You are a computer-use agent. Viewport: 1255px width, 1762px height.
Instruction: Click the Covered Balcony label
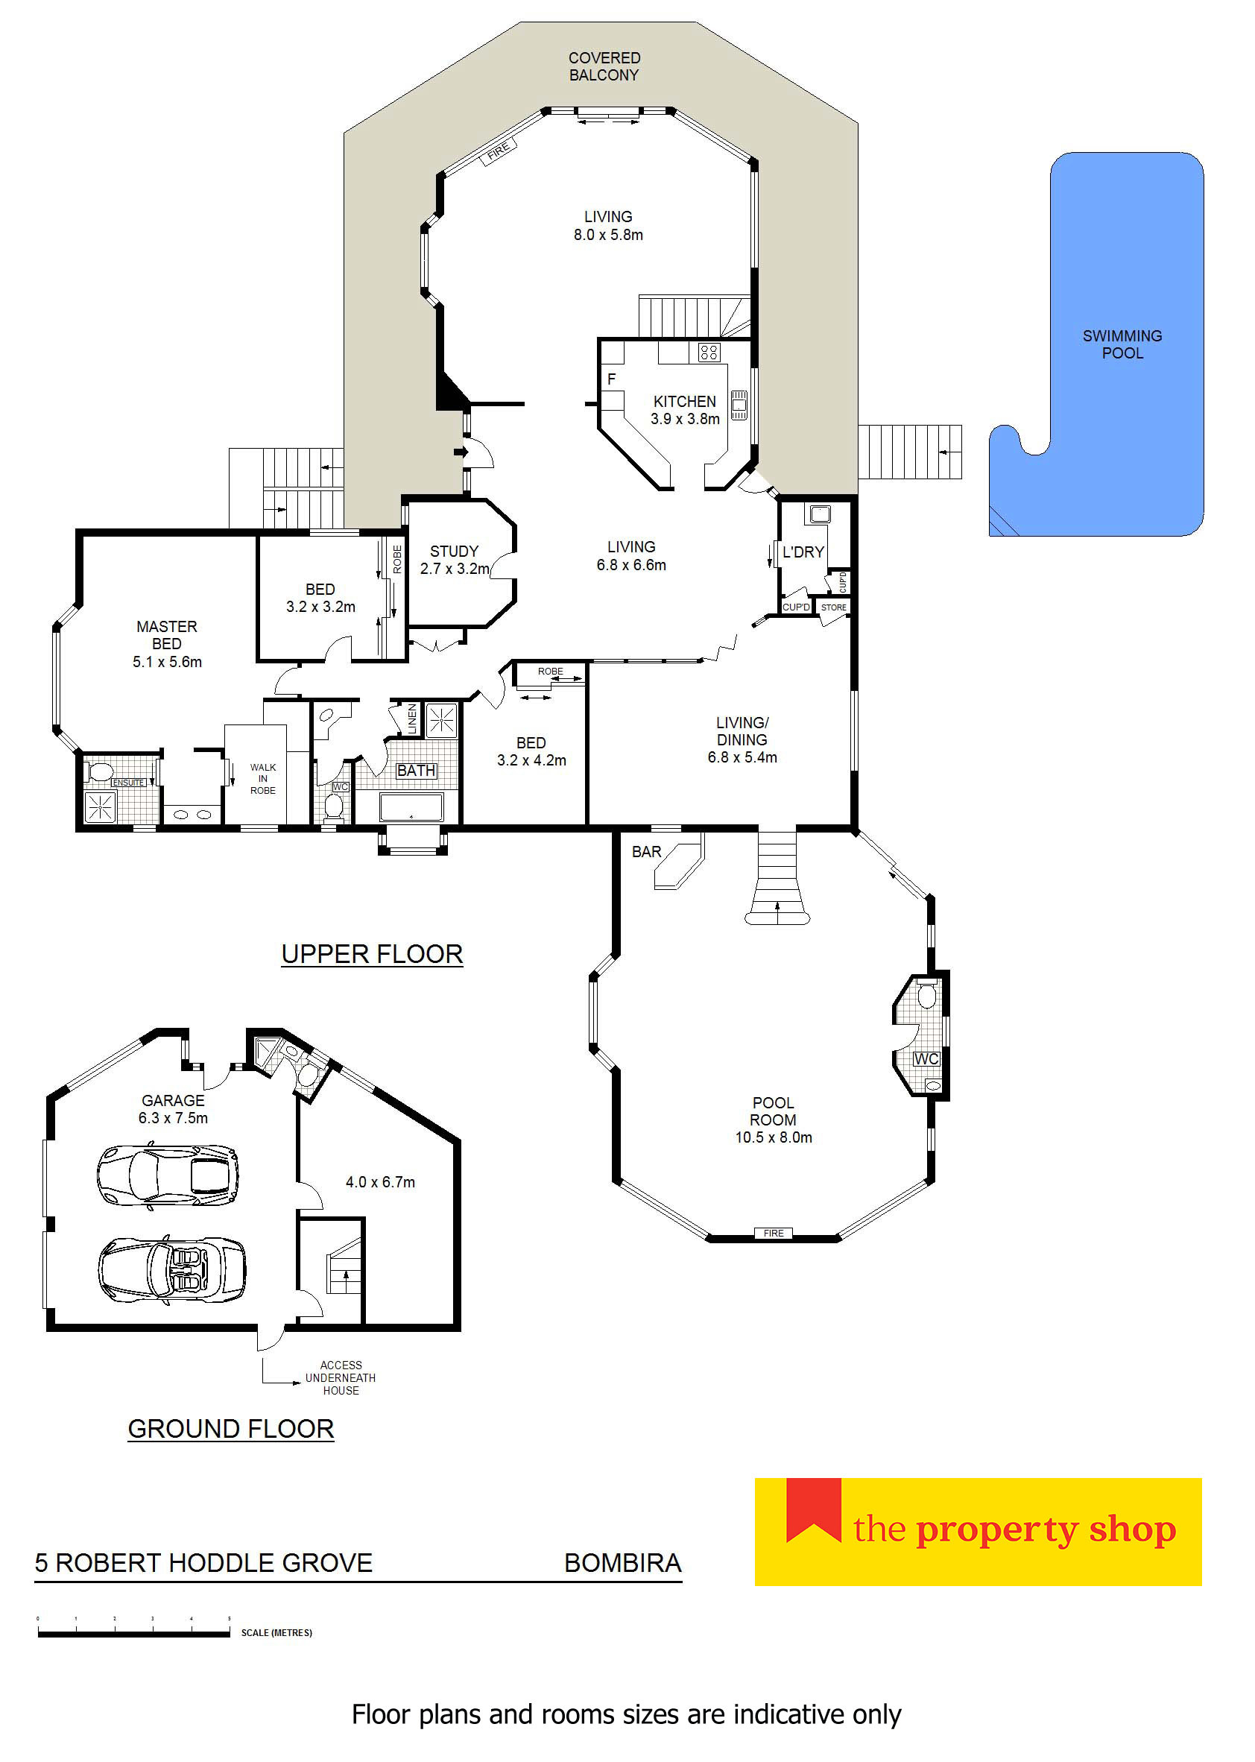tap(604, 66)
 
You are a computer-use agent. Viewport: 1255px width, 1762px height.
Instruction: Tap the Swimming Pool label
tap(1122, 344)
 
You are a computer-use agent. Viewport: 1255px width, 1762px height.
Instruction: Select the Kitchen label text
tap(685, 401)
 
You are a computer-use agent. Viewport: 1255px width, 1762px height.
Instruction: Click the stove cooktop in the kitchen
tap(709, 353)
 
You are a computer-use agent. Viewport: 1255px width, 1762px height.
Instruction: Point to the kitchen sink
tap(739, 404)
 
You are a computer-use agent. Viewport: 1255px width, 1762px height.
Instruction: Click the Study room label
tap(455, 551)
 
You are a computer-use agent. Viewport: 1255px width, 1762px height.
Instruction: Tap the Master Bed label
tap(167, 634)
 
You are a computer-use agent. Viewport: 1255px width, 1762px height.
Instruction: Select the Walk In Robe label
tap(263, 778)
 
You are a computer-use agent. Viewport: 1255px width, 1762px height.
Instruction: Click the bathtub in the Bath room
tap(411, 806)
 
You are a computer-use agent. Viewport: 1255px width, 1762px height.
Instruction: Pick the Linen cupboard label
tap(412, 719)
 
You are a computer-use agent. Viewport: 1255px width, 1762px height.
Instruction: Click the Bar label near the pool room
tap(647, 851)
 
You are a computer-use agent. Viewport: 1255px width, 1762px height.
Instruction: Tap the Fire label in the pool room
tap(774, 1233)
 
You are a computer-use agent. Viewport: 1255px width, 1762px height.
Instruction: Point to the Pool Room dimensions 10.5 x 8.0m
tap(774, 1137)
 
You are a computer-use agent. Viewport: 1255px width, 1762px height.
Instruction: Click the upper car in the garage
tap(168, 1175)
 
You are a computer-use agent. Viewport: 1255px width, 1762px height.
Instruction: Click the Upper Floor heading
tap(372, 953)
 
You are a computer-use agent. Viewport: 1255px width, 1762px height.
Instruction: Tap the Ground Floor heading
tap(230, 1428)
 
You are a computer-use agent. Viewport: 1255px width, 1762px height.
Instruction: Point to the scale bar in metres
tap(133, 1633)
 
